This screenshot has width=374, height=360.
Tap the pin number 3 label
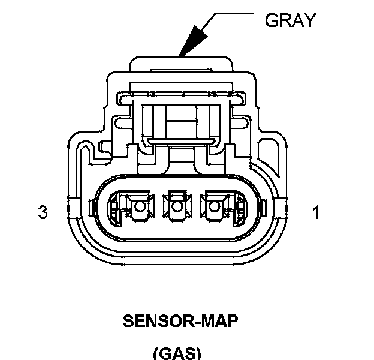coord(43,212)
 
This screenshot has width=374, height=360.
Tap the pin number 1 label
coord(315,212)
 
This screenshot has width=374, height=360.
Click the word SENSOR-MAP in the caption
coord(180,321)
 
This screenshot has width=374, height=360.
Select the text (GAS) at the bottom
coord(177,352)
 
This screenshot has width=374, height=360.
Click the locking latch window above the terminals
coord(179,119)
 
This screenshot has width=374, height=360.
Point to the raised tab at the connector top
coord(180,64)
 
